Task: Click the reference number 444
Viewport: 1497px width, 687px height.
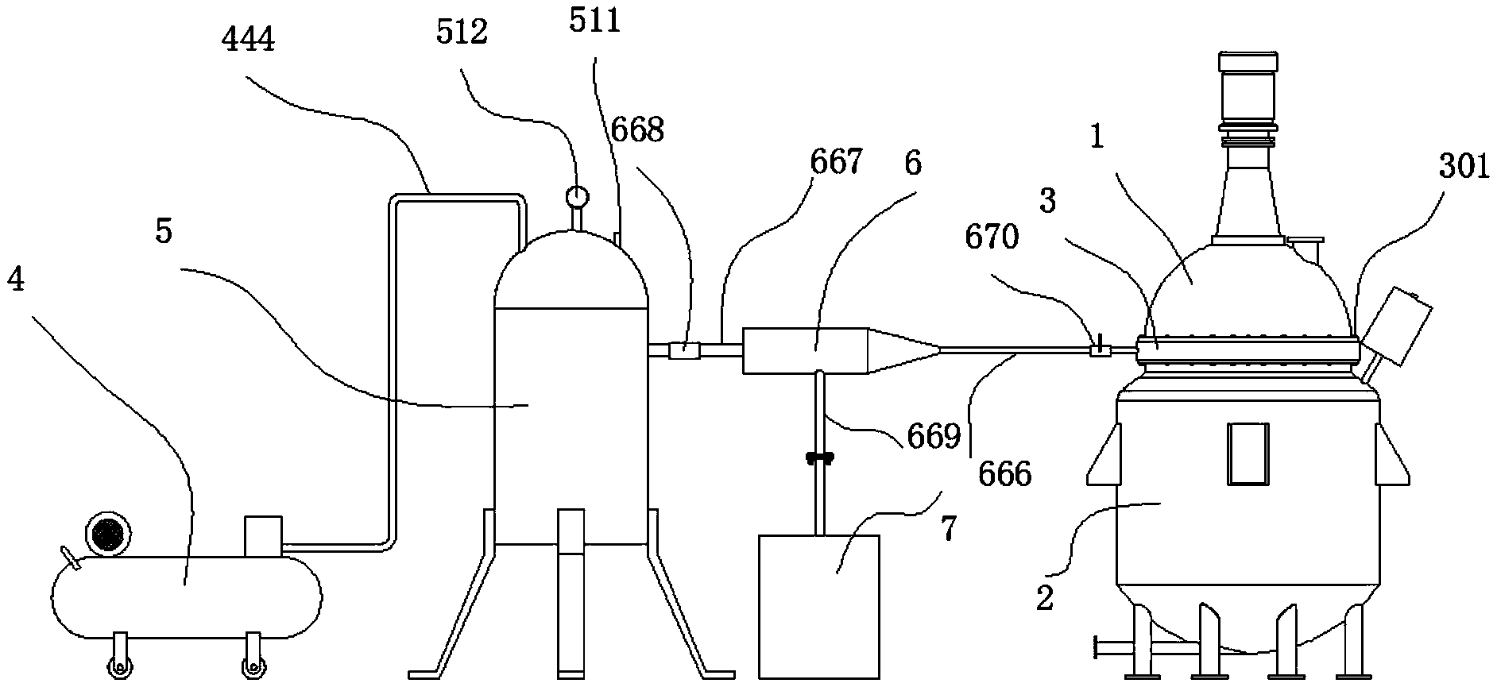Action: tap(249, 38)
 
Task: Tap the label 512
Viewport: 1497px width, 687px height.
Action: tap(462, 33)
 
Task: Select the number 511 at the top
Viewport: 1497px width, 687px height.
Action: tap(594, 21)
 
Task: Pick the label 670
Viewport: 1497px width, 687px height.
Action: tap(992, 236)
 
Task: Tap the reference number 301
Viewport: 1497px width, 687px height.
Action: tap(1464, 168)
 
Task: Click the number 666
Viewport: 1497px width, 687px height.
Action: tap(1004, 474)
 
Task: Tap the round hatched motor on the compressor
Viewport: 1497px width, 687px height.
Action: tap(105, 531)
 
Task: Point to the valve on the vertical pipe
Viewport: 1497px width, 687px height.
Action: tap(819, 457)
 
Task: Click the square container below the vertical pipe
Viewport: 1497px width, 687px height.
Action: tap(818, 606)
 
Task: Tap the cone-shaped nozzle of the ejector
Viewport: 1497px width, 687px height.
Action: tap(903, 349)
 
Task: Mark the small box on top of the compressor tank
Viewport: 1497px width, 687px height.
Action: tap(263, 536)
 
